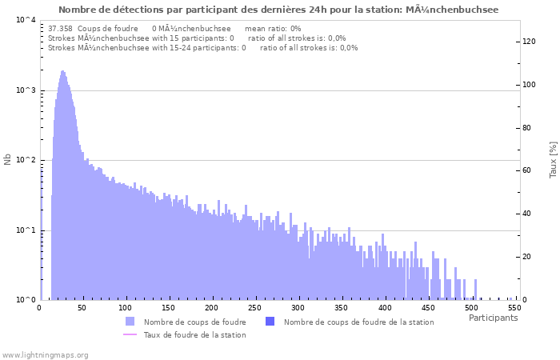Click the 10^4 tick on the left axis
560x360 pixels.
25,20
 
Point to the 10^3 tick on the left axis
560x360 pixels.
25,90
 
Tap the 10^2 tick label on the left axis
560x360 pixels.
25,160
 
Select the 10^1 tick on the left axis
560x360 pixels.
25,230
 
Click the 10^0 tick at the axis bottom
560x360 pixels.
25,300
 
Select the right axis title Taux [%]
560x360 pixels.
553,160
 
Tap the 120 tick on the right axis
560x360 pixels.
529,42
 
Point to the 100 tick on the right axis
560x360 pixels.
529,85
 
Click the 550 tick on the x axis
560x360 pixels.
514,308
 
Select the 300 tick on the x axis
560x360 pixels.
298,308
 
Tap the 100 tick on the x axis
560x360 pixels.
126,308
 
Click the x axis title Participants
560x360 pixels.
493,318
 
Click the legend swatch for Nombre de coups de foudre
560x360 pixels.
130,322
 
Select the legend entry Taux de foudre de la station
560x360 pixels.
194,334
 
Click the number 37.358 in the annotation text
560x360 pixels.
60,28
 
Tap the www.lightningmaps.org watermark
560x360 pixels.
45,354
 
